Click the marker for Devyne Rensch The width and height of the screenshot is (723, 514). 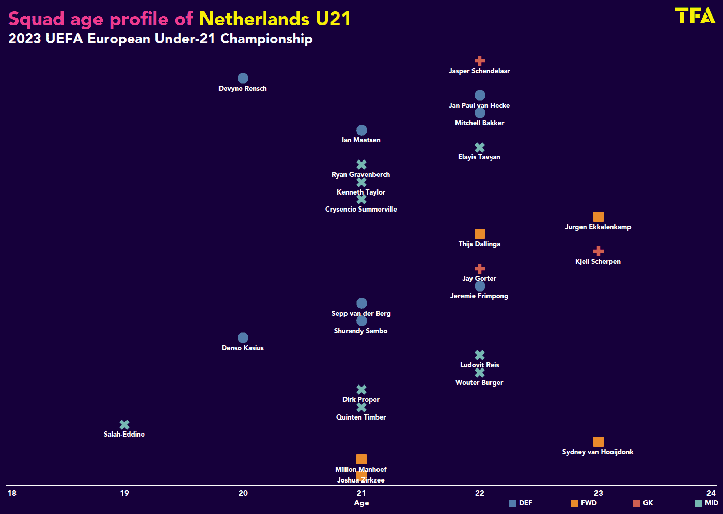pyautogui.click(x=243, y=78)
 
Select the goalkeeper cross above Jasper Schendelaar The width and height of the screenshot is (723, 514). pyautogui.click(x=480, y=61)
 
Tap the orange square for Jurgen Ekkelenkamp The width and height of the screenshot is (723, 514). pyautogui.click(x=599, y=217)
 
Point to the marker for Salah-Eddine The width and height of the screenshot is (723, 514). pyautogui.click(x=124, y=425)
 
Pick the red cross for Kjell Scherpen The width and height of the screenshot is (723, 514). pyautogui.click(x=599, y=251)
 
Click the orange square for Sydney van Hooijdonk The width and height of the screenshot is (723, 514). pyautogui.click(x=599, y=442)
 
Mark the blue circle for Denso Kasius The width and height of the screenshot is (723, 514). pyautogui.click(x=243, y=338)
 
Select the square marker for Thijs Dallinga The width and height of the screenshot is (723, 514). pyautogui.click(x=480, y=234)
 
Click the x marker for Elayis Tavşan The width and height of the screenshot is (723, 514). pyautogui.click(x=480, y=148)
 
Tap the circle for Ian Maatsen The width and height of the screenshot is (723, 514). pyautogui.click(x=361, y=131)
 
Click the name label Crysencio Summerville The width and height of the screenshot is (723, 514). pyautogui.click(x=361, y=210)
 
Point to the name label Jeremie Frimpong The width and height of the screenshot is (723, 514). pyautogui.click(x=479, y=296)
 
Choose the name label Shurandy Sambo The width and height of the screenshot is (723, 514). pyautogui.click(x=360, y=331)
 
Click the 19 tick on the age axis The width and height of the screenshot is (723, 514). pyautogui.click(x=124, y=493)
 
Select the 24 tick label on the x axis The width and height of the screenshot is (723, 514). pyautogui.click(x=711, y=493)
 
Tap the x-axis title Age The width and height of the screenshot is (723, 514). pyautogui.click(x=361, y=503)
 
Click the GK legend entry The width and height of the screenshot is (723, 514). pyautogui.click(x=643, y=503)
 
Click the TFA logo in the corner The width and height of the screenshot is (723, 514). pyautogui.click(x=695, y=15)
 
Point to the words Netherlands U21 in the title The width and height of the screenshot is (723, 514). pyautogui.click(x=275, y=19)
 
